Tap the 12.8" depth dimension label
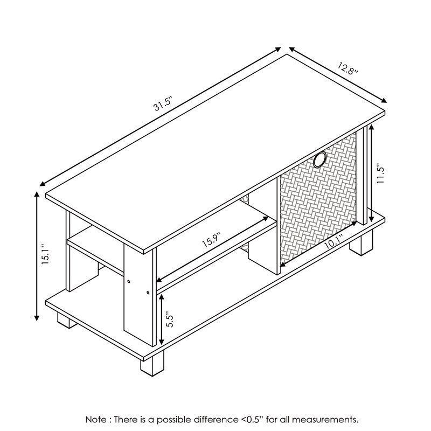click(x=347, y=69)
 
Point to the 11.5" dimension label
click(x=380, y=173)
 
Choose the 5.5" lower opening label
click(x=169, y=318)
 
